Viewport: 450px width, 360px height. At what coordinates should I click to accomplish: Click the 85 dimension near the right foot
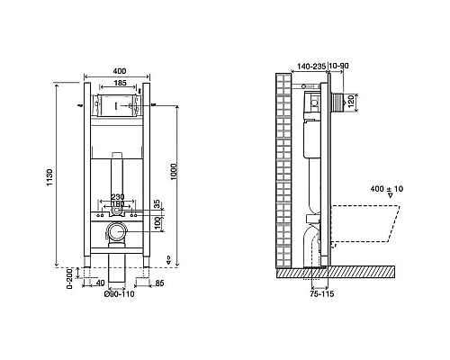click(158, 284)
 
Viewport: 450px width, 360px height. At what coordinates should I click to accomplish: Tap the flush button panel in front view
click(118, 107)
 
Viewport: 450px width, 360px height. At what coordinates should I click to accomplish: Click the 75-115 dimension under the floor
click(311, 292)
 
